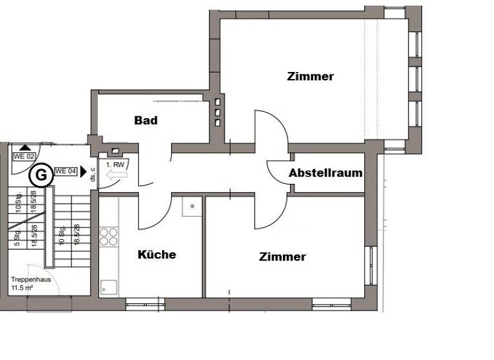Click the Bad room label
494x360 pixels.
click(146, 120)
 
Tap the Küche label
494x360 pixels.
click(157, 255)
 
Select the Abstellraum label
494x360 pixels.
click(325, 173)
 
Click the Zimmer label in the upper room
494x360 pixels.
click(310, 76)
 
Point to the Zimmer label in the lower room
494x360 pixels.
click(282, 257)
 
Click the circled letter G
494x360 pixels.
click(41, 174)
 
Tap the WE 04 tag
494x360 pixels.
click(66, 171)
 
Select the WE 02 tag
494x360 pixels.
click(24, 156)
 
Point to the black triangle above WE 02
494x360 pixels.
click(24, 147)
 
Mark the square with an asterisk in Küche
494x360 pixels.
click(192, 206)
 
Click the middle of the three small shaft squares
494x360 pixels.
click(218, 113)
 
